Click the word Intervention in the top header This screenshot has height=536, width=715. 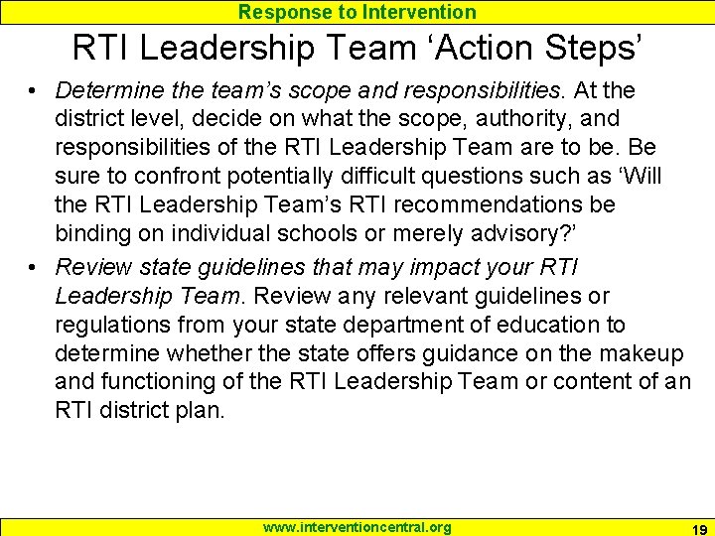422,12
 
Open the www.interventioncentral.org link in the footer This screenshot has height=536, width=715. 357,527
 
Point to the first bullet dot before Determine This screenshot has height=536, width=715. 34,91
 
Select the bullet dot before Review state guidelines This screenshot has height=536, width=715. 34,267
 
